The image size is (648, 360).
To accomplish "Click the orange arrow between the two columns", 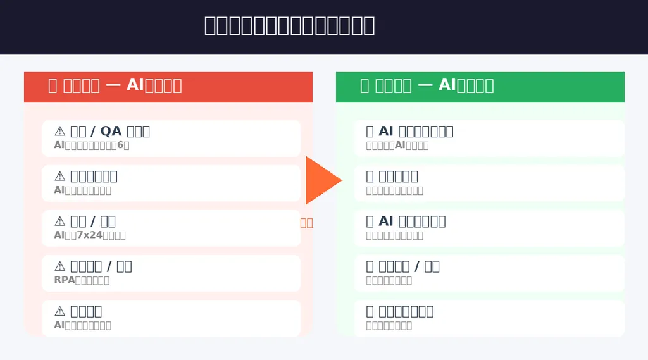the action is pos(322,180).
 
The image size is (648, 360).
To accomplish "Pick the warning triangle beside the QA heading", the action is pos(60,131).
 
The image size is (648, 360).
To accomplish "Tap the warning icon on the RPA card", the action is pos(60,266).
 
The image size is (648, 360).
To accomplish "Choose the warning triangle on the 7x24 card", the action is pos(60,221).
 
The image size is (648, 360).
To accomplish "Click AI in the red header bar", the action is pos(135,85).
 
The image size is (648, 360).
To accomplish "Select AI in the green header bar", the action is pos(447,85).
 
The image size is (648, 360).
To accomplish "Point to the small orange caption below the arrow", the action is pos(306,223).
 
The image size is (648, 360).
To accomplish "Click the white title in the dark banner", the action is pos(289,25).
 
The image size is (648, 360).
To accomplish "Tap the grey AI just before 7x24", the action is pos(59,235).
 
